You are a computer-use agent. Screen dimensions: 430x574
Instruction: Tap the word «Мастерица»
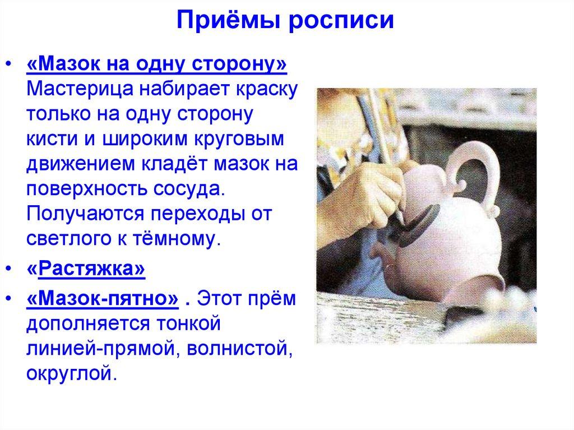point(77,90)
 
